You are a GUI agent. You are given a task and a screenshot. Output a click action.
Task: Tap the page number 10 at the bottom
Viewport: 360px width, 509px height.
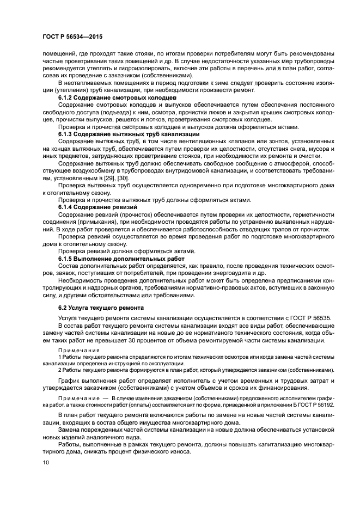click(x=45, y=462)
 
